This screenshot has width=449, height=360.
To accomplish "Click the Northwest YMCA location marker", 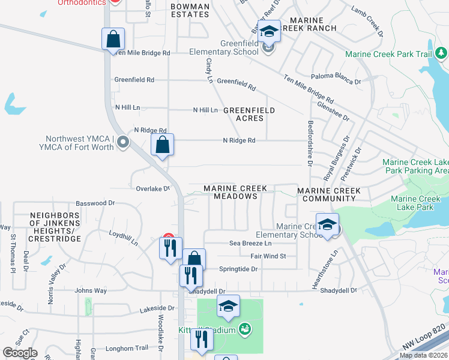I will coord(123,143).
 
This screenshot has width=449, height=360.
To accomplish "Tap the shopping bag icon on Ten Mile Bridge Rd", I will coord(113,40).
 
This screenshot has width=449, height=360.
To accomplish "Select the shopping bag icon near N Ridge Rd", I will coord(162,145).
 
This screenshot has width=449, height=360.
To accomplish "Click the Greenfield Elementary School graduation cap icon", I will coord(270,31).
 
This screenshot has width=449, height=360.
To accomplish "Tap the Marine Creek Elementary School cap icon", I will coord(327,225).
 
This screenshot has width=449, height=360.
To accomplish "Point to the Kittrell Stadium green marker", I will coord(245,329).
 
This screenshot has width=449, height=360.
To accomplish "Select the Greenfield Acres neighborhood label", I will coord(249,114).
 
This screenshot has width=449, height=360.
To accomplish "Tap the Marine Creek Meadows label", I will coord(235,192).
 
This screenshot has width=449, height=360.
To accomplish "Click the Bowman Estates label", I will coord(190,10).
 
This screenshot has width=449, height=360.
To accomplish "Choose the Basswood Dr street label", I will coord(95,203).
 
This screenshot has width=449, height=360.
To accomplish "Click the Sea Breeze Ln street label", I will coord(250,244).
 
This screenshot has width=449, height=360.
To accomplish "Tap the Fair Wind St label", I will coord(268,256).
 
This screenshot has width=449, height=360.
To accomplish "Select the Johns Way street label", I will coord(91,291).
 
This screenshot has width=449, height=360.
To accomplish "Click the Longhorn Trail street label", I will coord(127,348).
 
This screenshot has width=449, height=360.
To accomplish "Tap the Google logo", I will coord(20,353).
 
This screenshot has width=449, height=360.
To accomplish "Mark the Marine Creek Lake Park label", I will coord(411,203).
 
